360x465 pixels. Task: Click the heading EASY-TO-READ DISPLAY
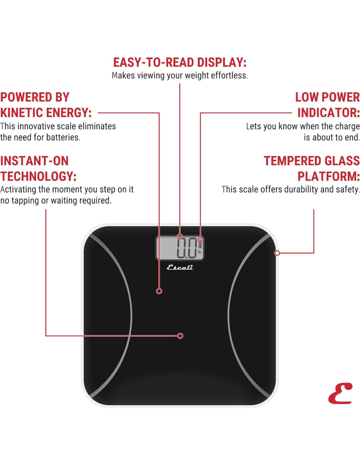click(180, 62)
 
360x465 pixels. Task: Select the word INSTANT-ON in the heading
click(34, 161)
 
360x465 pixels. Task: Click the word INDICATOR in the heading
click(328, 113)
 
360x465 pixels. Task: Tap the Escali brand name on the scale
click(180, 267)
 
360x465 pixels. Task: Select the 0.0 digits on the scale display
click(187, 248)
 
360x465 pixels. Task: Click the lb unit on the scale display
click(199, 252)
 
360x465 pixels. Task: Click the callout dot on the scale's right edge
click(277, 253)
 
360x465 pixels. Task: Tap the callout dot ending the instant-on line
click(180, 336)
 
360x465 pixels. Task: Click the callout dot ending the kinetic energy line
click(159, 291)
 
